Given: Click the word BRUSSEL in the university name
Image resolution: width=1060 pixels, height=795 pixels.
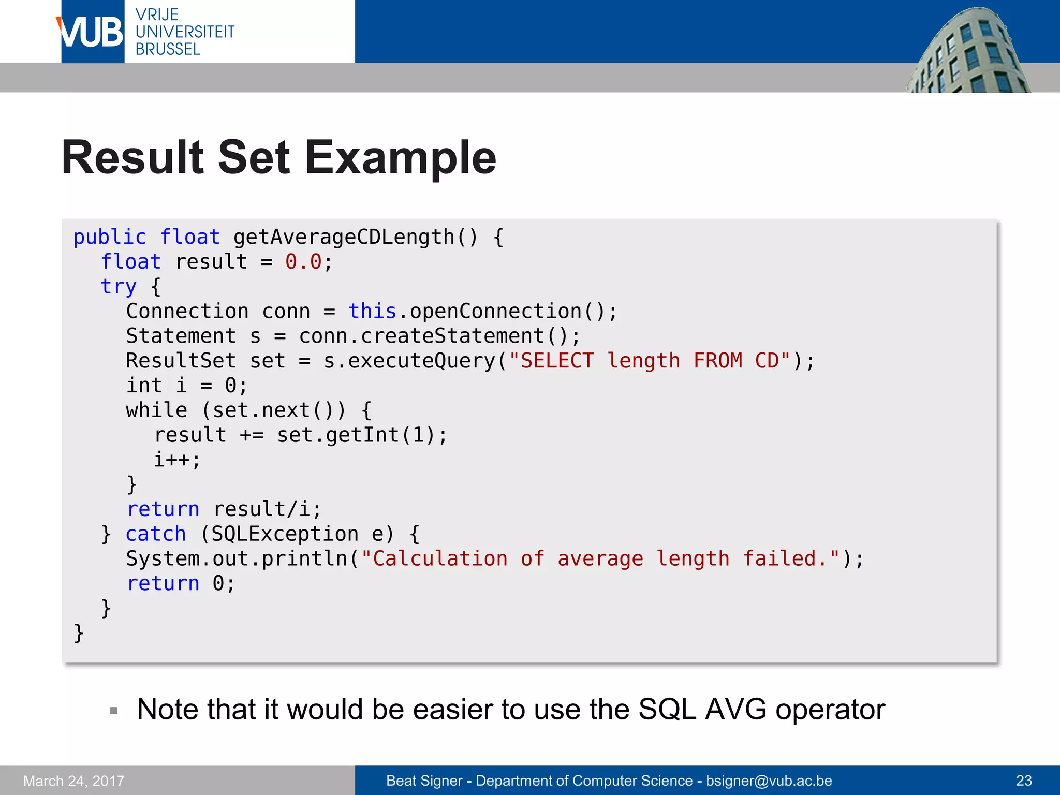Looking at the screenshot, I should point(168,50).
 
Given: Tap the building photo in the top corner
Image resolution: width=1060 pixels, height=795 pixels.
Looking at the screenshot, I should point(968,52).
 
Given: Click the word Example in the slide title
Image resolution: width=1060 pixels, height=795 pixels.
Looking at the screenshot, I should point(400,158).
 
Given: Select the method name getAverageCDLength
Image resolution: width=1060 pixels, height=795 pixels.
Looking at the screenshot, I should point(344,237).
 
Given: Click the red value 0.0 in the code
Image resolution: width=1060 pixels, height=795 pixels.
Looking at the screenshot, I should point(303,262).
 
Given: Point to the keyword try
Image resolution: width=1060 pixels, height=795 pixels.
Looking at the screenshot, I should point(119,287).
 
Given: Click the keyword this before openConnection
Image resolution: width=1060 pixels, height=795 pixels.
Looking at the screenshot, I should point(372,312).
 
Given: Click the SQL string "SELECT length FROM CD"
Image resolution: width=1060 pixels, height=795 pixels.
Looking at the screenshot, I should point(650,361).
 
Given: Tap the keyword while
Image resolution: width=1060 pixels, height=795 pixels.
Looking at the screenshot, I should point(156,410).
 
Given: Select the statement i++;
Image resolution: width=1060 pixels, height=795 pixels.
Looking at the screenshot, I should point(176,460).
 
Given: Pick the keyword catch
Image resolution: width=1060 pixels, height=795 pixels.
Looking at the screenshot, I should point(155,534).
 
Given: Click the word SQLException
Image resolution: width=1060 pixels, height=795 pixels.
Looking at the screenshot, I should point(285,534).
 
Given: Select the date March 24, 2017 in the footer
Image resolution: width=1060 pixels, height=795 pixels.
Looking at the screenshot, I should point(74,781).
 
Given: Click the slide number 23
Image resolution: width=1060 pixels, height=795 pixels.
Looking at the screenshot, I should point(1024,781).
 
